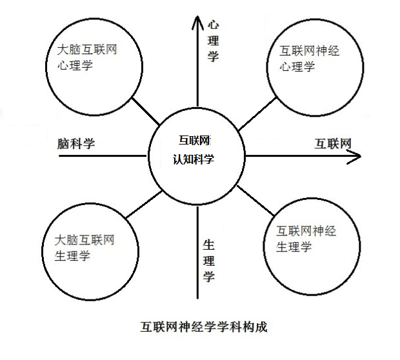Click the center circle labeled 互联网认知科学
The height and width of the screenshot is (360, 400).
point(196,155)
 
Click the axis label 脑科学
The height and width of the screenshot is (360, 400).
point(75,143)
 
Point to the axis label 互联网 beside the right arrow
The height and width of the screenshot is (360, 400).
point(332,143)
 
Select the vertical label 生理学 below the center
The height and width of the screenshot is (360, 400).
point(208,261)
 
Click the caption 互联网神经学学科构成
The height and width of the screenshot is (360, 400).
point(203,327)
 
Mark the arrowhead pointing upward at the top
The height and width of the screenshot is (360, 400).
point(196,21)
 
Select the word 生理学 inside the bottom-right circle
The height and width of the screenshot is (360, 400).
point(294,246)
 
